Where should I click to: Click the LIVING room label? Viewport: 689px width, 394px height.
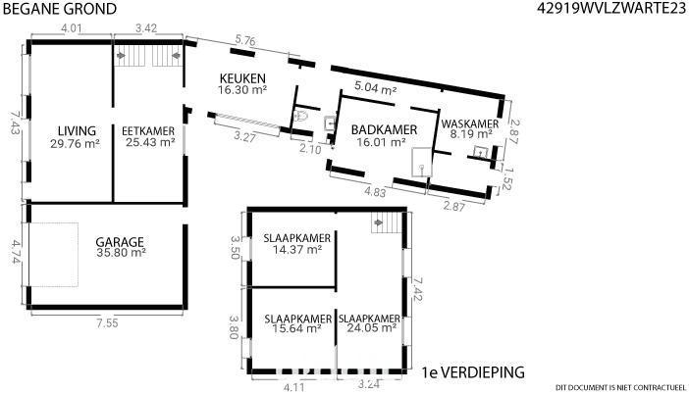point(77,130)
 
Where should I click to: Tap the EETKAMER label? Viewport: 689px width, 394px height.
point(148,131)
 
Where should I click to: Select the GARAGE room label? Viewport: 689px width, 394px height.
point(120,242)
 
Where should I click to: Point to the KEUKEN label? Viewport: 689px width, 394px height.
point(242,78)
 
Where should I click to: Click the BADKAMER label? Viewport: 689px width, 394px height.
point(384,130)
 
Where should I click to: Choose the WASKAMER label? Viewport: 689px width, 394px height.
point(470,123)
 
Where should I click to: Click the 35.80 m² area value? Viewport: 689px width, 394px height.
point(121,253)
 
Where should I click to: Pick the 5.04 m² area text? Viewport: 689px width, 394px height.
point(376,88)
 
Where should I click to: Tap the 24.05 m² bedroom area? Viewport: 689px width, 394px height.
point(372,328)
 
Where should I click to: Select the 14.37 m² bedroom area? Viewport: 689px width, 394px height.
point(297,249)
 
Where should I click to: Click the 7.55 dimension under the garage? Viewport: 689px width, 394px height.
point(107,323)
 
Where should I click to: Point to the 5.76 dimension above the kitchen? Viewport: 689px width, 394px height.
point(245,41)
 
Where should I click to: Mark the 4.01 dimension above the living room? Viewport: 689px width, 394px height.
point(72,28)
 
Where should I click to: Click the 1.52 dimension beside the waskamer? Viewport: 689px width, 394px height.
point(506,178)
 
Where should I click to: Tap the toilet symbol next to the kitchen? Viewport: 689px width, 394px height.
point(302,116)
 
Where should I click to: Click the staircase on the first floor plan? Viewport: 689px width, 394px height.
point(387,222)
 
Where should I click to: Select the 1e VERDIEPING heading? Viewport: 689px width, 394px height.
point(473,372)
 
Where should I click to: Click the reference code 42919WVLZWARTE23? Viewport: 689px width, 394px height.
point(611,9)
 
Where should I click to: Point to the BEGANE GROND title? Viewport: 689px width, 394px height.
point(60,9)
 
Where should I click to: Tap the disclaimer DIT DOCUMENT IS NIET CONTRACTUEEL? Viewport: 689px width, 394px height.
point(620,387)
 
